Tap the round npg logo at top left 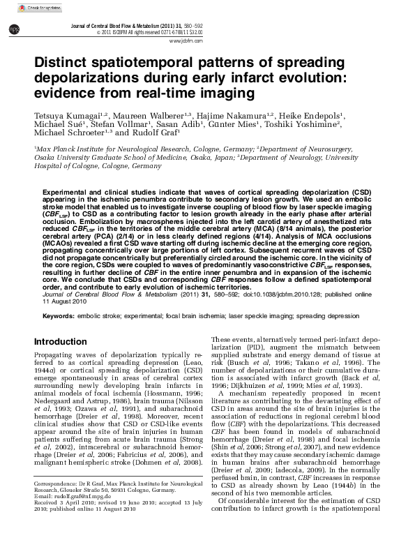click(13, 28)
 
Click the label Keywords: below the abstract click(59, 315)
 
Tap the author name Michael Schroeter click(68, 132)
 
